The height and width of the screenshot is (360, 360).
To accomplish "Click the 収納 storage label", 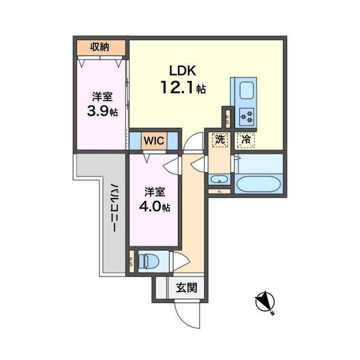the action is click(x=100, y=47).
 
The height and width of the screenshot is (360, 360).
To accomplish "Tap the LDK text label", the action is click(x=183, y=71).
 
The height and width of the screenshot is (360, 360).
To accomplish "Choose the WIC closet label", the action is click(x=154, y=141).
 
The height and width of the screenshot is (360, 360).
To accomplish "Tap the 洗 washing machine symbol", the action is click(x=220, y=140).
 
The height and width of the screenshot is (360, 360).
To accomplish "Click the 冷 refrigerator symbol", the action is click(x=246, y=140).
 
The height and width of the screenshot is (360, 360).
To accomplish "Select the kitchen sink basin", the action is click(x=246, y=91).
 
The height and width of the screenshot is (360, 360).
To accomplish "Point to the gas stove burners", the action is click(x=247, y=116).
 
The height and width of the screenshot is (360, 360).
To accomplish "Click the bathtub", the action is click(x=258, y=184).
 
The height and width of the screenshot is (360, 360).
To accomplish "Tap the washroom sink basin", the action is click(x=219, y=179).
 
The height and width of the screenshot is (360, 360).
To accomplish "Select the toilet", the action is click(x=148, y=262).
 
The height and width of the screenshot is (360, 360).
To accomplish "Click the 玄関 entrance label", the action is click(x=186, y=287).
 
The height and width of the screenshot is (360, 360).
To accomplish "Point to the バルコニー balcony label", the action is click(x=115, y=208).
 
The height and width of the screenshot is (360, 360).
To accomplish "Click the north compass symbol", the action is click(x=265, y=303).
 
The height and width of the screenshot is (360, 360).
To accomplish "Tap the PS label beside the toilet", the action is click(x=132, y=262).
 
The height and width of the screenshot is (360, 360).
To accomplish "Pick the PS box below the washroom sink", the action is click(x=219, y=191).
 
